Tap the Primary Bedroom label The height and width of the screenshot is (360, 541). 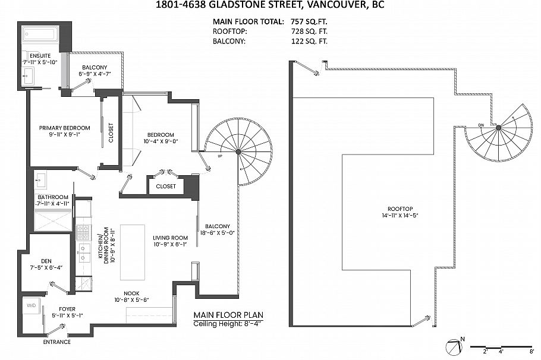click(64, 128)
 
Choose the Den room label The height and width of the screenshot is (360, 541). click(46, 260)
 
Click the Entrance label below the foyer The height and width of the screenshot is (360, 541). click(56, 342)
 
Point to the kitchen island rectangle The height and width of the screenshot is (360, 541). click(133, 252)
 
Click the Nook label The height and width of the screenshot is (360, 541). click(133, 292)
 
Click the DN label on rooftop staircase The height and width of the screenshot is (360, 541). click(482, 125)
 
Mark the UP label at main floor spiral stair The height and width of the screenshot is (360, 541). click(221, 157)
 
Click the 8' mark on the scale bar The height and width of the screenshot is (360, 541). click(531, 352)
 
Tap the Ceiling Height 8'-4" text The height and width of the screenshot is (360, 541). click(228, 324)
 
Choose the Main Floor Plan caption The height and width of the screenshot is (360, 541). click(228, 315)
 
